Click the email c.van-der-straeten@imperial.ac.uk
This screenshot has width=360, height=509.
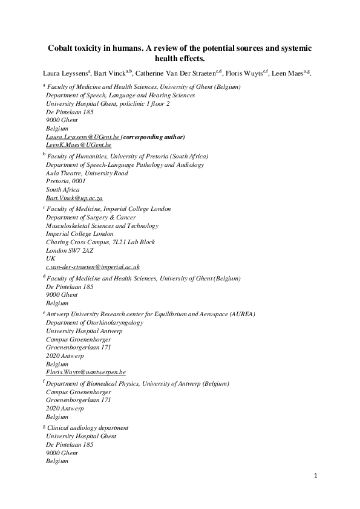pyautogui.click(x=93, y=267)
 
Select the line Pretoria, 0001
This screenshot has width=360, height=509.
pyautogui.click(x=66, y=181)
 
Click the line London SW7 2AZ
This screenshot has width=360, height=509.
pyautogui.click(x=71, y=250)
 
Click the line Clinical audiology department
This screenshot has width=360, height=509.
pyautogui.click(x=88, y=427)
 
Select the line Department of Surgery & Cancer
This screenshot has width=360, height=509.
pyautogui.click(x=91, y=217)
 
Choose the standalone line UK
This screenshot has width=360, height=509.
pyautogui.click(x=50, y=258)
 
